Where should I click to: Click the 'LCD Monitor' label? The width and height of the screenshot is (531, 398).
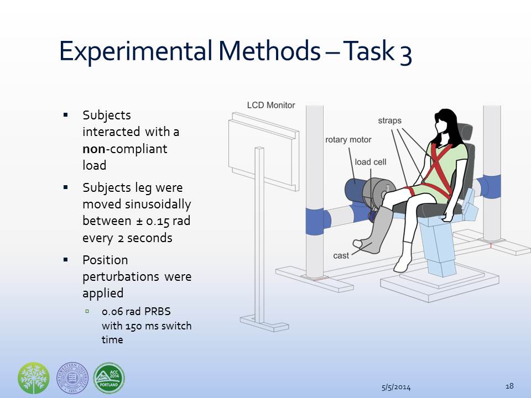(271, 105)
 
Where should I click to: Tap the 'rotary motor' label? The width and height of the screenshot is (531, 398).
(348, 140)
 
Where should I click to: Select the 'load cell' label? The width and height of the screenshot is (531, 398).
(370, 162)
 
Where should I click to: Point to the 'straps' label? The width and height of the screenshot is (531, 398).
(389, 121)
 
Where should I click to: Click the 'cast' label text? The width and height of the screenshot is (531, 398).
(341, 255)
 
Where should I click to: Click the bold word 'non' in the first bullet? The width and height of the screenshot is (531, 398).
(94, 149)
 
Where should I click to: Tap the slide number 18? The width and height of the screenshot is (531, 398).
(509, 386)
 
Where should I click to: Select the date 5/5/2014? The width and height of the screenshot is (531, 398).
(396, 387)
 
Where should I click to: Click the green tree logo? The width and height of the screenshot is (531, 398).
(34, 378)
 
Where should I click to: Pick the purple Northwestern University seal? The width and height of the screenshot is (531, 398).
(72, 378)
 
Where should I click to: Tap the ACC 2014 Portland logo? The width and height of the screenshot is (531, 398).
(109, 378)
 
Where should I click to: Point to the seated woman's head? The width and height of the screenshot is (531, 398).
(444, 123)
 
